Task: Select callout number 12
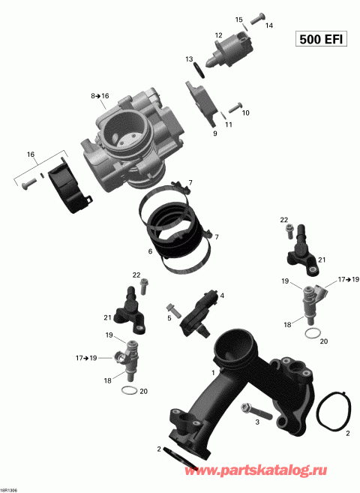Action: (x=218, y=35)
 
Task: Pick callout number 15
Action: (x=239, y=20)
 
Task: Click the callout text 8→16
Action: (x=100, y=96)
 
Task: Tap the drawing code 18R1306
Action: (x=10, y=488)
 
